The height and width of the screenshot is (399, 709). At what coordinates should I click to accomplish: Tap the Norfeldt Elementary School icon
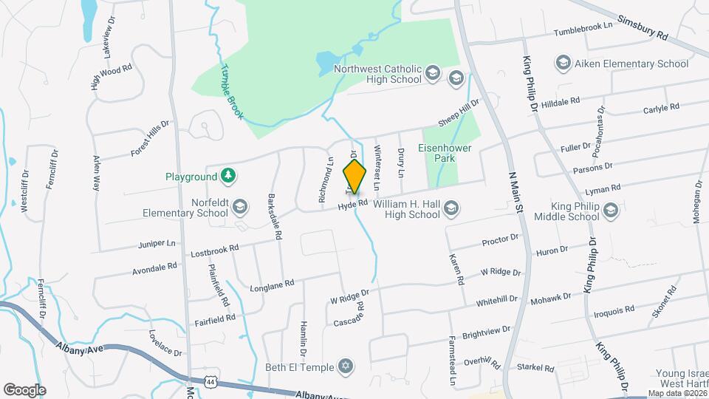point(239,205)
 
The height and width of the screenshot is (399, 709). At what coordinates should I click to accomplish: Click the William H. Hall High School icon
point(451,211)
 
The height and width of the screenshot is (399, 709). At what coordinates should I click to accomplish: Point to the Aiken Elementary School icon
point(563,62)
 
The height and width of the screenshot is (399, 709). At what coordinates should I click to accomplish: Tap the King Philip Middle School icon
point(610,213)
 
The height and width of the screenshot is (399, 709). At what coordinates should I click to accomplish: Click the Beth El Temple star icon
point(344,366)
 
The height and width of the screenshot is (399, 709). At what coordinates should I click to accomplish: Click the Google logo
point(24,389)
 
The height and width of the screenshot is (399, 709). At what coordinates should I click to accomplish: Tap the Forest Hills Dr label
point(151,137)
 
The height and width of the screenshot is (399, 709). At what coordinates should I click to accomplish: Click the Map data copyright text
point(677,393)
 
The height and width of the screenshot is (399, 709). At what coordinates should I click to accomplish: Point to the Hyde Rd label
point(353,203)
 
